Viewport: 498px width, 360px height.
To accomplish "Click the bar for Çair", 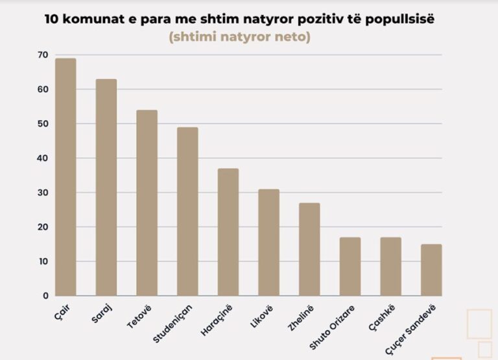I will (65, 177).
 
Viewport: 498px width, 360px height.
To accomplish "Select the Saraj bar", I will (106, 187).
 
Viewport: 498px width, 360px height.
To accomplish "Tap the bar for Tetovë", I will (147, 203).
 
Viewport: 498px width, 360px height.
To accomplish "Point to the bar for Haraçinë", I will (228, 232).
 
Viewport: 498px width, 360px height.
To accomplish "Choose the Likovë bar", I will (268, 243).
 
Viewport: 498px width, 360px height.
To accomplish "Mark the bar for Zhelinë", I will (309, 250).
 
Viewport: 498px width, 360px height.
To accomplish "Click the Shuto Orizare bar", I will (350, 267).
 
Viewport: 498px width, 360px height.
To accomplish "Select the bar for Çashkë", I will (390, 267).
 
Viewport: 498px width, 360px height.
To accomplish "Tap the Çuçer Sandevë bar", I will (431, 270).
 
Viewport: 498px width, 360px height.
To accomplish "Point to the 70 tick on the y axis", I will (43, 55).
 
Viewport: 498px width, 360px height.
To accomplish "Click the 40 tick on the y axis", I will (43, 158).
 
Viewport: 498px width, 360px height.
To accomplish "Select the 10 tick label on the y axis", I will (43, 261).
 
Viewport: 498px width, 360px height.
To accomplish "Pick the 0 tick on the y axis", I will (45, 296).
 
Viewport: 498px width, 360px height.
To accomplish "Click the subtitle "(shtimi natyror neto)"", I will (239, 37).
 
